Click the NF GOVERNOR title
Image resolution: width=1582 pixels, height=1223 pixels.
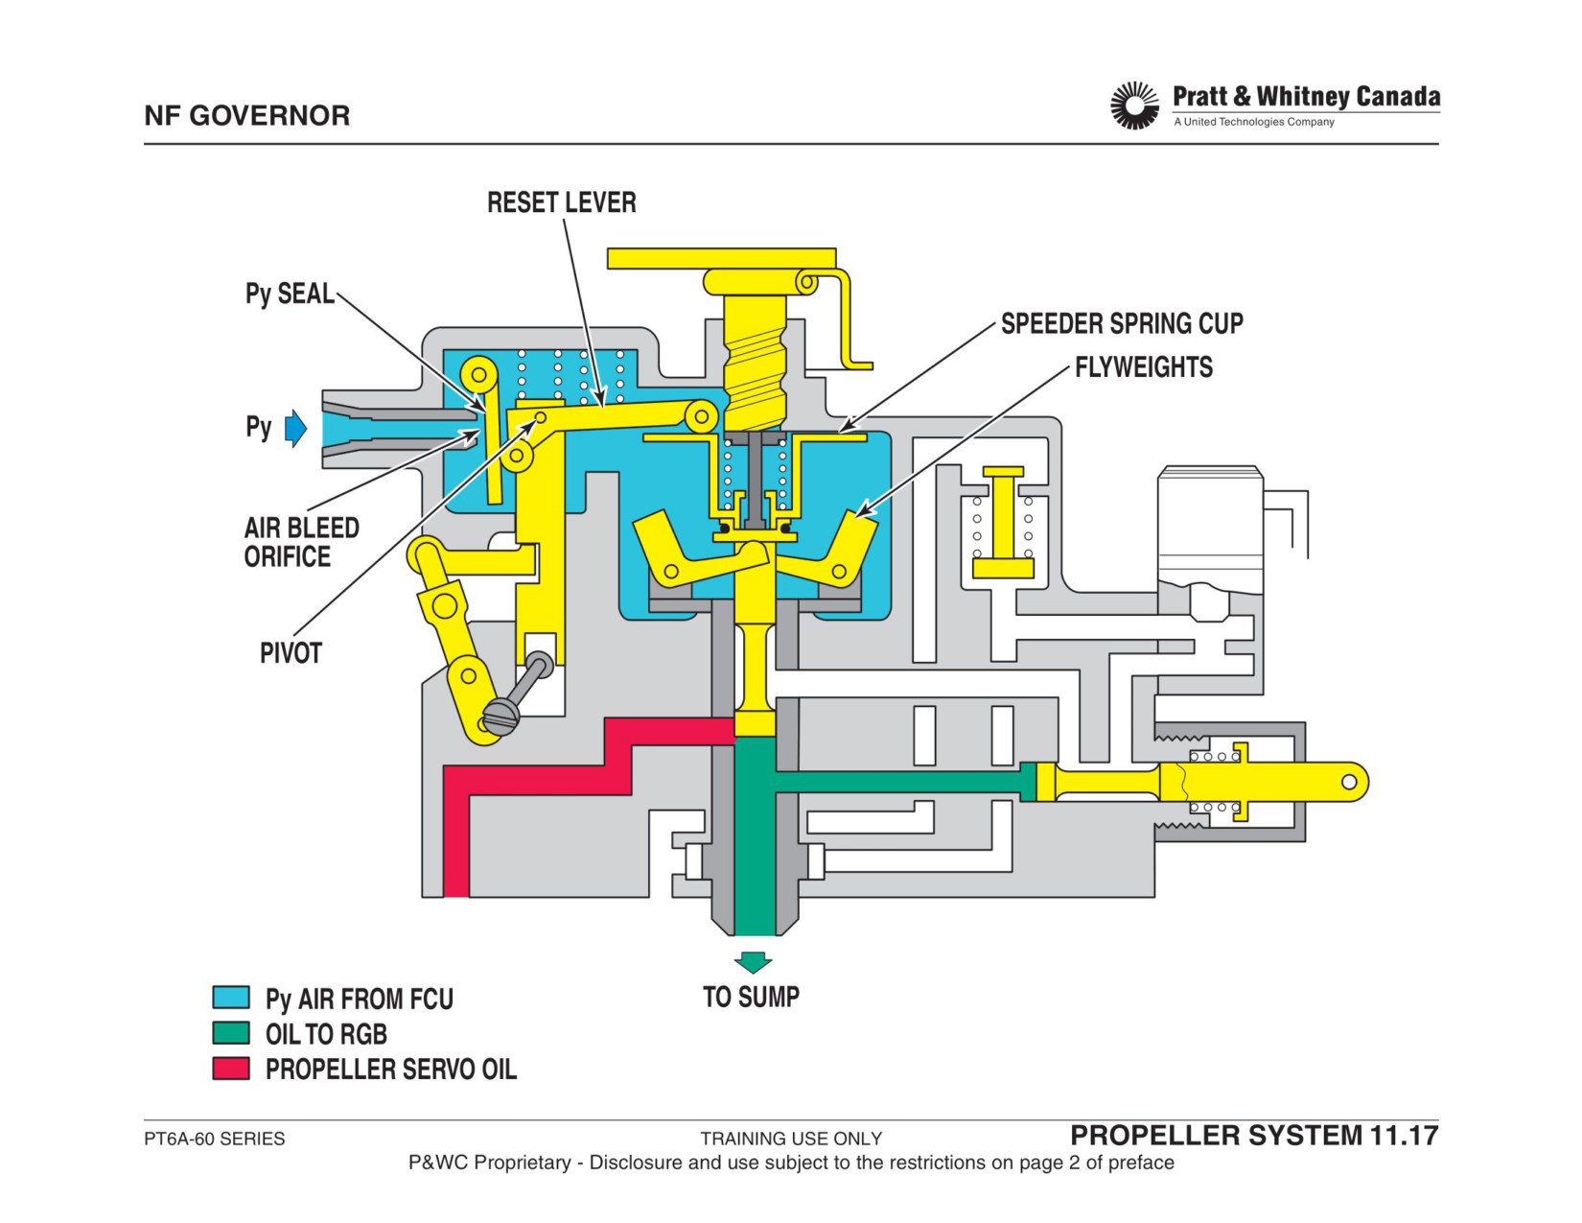coord(246,115)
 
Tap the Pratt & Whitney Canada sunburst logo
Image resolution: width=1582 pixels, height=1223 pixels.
coord(1134,106)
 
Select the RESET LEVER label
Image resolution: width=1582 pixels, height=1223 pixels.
coord(561,202)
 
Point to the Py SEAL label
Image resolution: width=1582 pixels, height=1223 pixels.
coord(290,294)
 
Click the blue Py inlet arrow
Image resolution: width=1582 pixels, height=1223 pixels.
coord(295,428)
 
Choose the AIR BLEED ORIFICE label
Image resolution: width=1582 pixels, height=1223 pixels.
coord(301,543)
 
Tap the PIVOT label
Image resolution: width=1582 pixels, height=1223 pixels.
coord(291,653)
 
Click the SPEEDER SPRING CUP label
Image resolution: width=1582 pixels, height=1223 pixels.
coord(1122,323)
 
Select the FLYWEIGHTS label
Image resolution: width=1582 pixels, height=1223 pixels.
coord(1144,367)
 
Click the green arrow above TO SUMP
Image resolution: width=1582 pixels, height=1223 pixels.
coord(753,962)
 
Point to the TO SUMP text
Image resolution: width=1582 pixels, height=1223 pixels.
coord(751,998)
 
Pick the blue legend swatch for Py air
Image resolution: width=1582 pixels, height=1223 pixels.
coord(231,998)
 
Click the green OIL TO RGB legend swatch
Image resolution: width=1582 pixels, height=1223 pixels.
coord(231,1033)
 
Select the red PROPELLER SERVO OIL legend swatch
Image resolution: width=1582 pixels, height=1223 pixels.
coord(231,1069)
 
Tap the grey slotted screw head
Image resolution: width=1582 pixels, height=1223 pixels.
coord(501,717)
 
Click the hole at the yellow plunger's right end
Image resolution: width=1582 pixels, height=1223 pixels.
coord(1348,782)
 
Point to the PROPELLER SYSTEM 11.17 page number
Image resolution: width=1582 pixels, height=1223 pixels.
coord(1254,1136)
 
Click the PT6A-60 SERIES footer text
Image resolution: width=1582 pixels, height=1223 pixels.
coord(214,1139)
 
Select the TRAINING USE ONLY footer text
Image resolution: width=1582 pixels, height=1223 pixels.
coord(791,1139)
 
